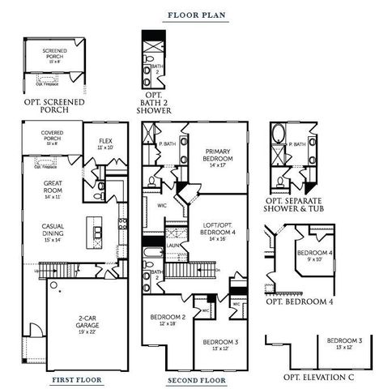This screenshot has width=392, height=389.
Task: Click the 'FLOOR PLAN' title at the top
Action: pos(195,15)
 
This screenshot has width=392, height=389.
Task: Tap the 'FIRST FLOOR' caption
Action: pos(75,379)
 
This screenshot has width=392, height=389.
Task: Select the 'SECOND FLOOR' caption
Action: pos(195,379)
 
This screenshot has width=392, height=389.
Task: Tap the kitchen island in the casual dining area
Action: pos(98,233)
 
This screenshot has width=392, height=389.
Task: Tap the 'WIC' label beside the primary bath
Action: pos(161,206)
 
